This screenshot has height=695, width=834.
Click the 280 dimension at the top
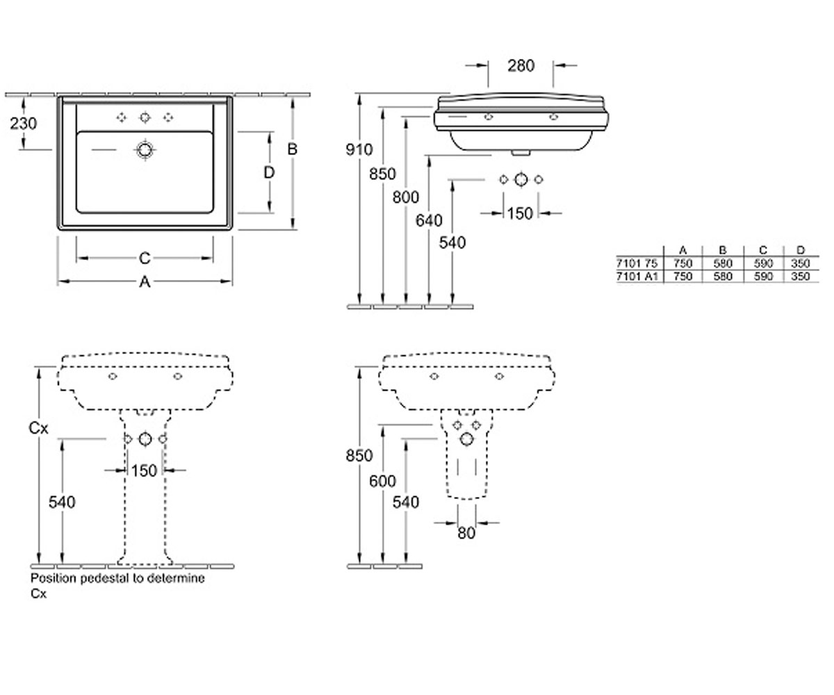pos(521,65)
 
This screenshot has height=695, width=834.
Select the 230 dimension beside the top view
pos(24,124)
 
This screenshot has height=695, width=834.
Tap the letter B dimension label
pos(293,149)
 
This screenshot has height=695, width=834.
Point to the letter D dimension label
pos(269,172)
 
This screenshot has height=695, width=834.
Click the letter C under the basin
pos(145,258)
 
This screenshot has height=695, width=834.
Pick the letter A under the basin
pos(145,282)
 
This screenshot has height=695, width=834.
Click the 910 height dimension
pos(359,149)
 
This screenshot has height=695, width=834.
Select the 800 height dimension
pos(406,197)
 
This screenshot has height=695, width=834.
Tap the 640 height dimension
pos(429,220)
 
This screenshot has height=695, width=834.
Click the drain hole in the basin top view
pos(145,150)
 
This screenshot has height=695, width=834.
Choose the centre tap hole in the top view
pos(145,117)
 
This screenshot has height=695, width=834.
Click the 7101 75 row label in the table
pos(637,263)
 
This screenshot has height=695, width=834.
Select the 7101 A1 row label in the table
pos(637,276)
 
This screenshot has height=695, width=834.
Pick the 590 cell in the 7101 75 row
pos(763,263)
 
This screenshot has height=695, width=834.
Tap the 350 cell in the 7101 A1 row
pos(801,276)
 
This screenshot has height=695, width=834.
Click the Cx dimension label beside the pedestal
pos(38,428)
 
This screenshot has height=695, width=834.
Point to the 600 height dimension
pos(382,481)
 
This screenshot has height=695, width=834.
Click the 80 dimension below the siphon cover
pos(466,533)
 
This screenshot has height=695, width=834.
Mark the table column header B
pos(722,250)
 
